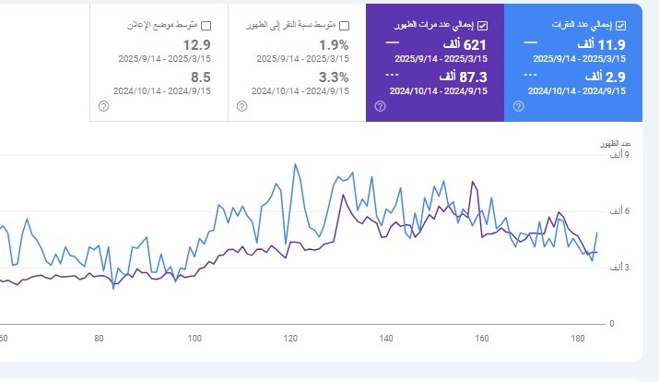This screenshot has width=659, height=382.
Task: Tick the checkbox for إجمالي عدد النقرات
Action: (620, 25)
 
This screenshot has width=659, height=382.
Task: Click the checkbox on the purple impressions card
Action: (483, 25)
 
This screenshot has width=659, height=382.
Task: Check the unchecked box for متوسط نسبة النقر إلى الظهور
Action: (344, 25)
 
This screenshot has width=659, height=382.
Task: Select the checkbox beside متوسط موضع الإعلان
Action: (206, 25)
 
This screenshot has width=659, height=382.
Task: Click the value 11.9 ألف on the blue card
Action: (602, 44)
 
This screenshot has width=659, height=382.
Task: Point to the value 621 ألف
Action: (466, 44)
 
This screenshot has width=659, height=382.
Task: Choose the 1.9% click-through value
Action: (334, 44)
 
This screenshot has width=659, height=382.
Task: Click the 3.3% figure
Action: (334, 77)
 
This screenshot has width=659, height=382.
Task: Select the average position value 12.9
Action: (195, 44)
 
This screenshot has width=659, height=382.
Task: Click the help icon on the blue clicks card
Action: (518, 106)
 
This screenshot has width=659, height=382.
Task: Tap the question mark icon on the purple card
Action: (380, 106)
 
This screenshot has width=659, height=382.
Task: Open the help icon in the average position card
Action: (103, 106)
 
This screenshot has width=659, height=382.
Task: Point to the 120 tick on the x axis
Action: (290, 338)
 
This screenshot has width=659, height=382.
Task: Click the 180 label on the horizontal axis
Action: (578, 338)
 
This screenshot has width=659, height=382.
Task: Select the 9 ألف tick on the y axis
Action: (616, 154)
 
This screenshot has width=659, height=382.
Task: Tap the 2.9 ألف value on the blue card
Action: (605, 77)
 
